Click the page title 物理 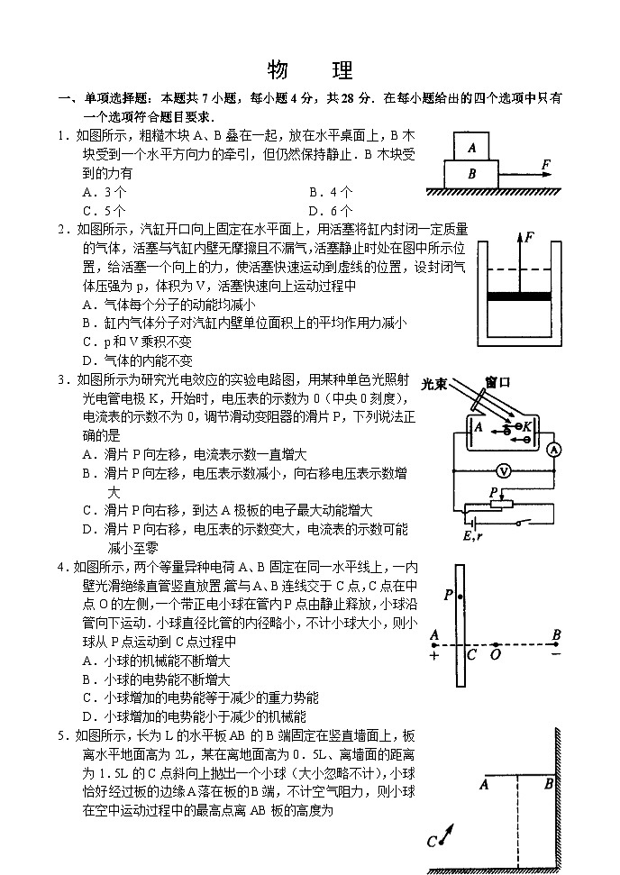pyautogui.click(x=310, y=71)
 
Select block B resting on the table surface pyautogui.click(x=470, y=174)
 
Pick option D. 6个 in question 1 pyautogui.click(x=331, y=211)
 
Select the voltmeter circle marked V pyautogui.click(x=506, y=470)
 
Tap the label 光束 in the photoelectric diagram pyautogui.click(x=435, y=384)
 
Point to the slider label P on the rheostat pyautogui.click(x=492, y=492)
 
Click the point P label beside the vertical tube pyautogui.click(x=448, y=595)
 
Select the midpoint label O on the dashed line pyautogui.click(x=495, y=655)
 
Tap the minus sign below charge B pyautogui.click(x=556, y=654)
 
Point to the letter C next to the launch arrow pyautogui.click(x=433, y=843)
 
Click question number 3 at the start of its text pyautogui.click(x=62, y=379)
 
